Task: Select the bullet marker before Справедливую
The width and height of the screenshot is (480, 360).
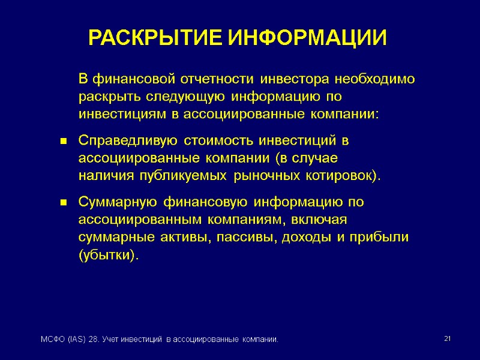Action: click(62, 142)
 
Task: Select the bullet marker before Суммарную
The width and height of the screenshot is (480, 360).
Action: click(62, 203)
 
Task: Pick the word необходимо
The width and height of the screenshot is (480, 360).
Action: click(375, 79)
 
